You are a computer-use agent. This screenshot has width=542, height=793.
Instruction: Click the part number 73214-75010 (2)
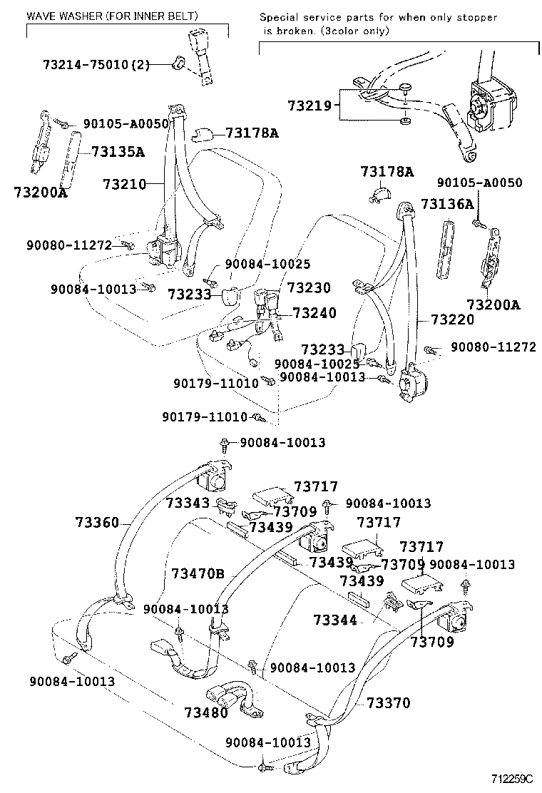96,65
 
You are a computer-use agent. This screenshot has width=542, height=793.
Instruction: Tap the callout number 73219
310,106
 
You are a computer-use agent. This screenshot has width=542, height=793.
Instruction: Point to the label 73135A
118,151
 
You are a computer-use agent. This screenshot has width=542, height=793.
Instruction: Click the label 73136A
447,205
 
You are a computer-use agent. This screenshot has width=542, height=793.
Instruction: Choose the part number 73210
124,184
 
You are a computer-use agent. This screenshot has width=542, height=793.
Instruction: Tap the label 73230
309,288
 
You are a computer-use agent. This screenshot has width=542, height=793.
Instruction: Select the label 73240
315,313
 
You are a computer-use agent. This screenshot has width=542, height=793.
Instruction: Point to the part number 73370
389,702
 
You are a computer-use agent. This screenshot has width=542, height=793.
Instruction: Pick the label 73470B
198,573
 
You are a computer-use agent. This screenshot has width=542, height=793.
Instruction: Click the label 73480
205,712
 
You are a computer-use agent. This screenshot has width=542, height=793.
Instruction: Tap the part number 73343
188,503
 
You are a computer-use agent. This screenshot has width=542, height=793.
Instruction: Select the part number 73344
334,620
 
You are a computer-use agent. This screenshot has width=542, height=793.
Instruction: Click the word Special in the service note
280,16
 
